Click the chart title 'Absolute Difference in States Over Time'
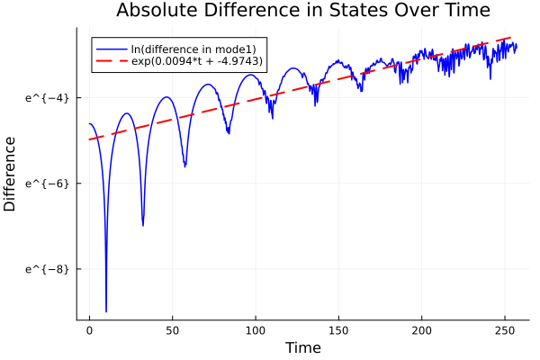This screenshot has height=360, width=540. (x=302, y=11)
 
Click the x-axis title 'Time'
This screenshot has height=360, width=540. (x=302, y=347)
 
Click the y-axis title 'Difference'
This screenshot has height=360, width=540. (x=10, y=174)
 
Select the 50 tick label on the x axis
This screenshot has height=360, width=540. (x=172, y=330)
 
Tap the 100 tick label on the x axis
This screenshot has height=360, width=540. (x=256, y=330)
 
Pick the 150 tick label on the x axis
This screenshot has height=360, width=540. (x=338, y=330)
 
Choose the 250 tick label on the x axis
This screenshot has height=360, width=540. (x=505, y=330)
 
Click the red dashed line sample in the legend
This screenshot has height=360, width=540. (x=114, y=61)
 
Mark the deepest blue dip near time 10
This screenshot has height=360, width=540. (x=106, y=310)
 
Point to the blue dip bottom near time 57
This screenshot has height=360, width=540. (x=184, y=166)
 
